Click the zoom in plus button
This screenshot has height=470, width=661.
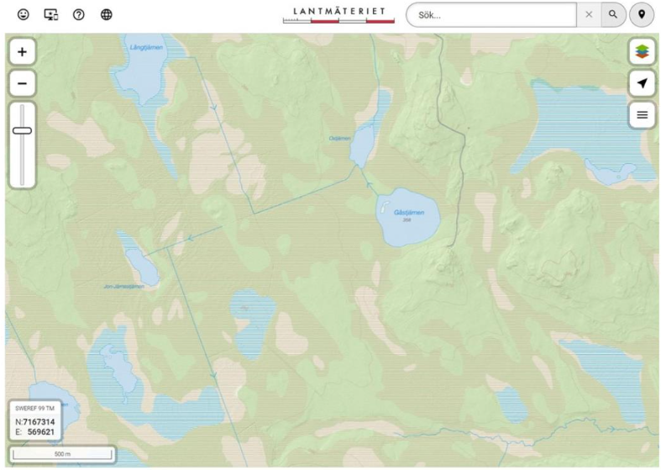point(22,52)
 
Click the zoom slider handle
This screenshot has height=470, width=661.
point(22,130)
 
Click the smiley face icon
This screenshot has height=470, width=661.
point(23,14)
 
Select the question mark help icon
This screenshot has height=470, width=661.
point(79,14)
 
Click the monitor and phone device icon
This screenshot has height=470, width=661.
point(50,14)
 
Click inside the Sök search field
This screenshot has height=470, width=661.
point(491,14)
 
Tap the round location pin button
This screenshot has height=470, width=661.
point(643,14)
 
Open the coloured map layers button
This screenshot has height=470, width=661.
point(643,52)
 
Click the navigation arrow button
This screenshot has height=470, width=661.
point(643,82)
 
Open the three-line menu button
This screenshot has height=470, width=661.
point(643,114)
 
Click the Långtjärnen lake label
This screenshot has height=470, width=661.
point(146,46)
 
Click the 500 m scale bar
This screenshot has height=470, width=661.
point(63,454)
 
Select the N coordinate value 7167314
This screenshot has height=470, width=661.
point(39,422)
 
